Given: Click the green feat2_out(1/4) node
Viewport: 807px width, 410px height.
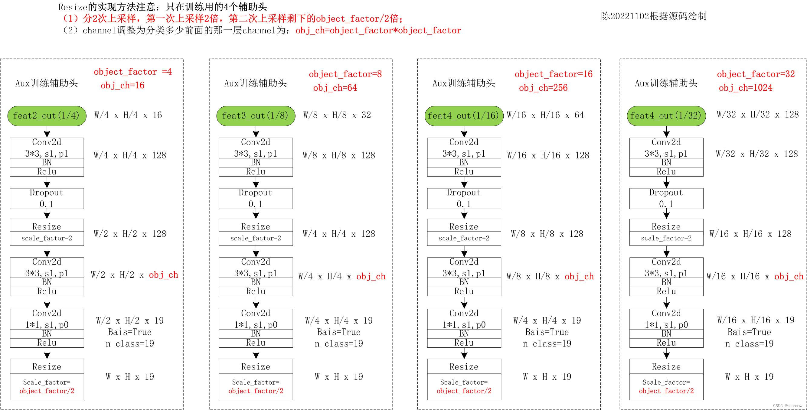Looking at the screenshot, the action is coord(47,116).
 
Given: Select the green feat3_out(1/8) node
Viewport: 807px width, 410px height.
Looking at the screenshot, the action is coord(256,116).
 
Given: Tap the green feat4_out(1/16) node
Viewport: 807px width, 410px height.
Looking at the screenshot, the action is coord(464,116).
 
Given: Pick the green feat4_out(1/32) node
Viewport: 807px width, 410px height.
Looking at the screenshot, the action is coord(666,116).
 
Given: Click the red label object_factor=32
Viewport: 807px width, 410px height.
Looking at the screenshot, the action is coord(756,74).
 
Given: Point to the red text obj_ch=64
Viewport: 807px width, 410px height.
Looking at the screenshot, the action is coord(335,88).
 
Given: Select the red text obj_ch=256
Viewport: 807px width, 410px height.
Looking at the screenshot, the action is coord(543,88).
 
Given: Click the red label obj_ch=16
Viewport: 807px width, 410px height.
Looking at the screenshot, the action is coord(122,85).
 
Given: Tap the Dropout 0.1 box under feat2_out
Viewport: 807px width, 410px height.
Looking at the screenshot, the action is coord(47,198).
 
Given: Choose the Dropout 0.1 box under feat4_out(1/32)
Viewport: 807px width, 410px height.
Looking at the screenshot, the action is coord(666,198).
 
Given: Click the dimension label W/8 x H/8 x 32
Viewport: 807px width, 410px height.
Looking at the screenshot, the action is coord(337,115).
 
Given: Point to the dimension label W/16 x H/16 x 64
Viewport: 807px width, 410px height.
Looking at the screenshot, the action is coord(545,115).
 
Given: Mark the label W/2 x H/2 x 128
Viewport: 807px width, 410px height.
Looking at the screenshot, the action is coord(130,234).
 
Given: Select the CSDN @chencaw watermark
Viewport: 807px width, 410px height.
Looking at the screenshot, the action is coord(788,405).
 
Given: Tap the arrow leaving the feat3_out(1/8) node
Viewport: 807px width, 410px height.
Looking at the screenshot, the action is coord(256,132).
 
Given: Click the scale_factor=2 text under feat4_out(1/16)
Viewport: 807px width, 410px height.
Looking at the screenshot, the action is coord(464,238).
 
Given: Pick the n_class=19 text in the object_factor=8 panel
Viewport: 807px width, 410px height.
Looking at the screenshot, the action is coord(339,344).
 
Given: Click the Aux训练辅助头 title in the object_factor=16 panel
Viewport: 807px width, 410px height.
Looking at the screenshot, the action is coord(464,83).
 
